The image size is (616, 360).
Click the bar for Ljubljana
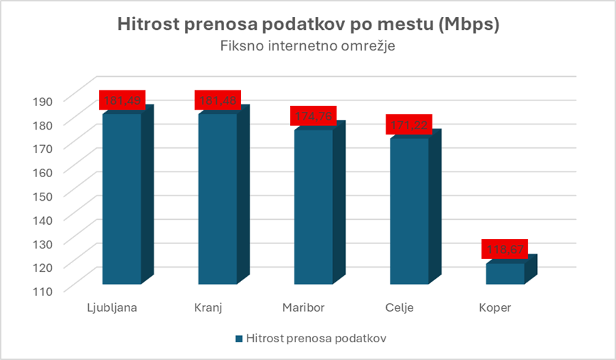tap(122, 199)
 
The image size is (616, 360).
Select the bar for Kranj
tap(218, 199)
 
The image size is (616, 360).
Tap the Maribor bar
tap(314, 206)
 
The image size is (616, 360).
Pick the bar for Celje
tap(410, 211)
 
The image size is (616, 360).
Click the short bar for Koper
tap(505, 274)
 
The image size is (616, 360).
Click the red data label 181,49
tap(122, 100)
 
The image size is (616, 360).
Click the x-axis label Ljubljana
tap(112, 308)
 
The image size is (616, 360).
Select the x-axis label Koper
tap(494, 308)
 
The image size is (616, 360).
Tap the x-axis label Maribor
tap(304, 308)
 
